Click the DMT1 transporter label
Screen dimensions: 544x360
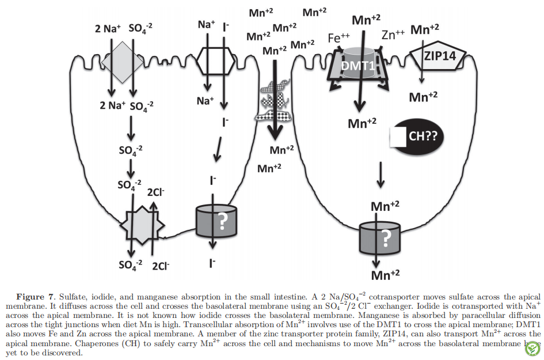coord(358,65)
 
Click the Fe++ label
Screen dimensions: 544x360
coord(338,37)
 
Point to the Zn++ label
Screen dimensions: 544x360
coord(393,35)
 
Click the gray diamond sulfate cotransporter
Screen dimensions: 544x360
coord(122,62)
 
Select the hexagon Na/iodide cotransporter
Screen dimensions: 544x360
coord(215,60)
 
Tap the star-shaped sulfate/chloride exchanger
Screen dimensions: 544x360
coord(142,225)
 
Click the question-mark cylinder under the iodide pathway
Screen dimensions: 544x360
coord(216,221)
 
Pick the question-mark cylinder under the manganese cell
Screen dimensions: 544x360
coord(379,238)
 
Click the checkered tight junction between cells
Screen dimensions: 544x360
coord(275,101)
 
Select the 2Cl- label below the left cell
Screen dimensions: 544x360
coord(161,266)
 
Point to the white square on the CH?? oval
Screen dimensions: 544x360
coord(398,137)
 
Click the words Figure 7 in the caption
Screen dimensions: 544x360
coord(35,297)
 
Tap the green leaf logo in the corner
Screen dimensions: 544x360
coord(532,348)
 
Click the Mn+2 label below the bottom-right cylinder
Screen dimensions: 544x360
coord(385,275)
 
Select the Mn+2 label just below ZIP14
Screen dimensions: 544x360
coord(423,97)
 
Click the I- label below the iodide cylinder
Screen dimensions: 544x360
coord(212,263)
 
